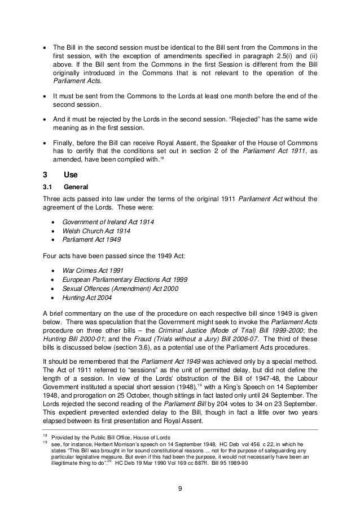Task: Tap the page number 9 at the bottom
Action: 179,489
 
